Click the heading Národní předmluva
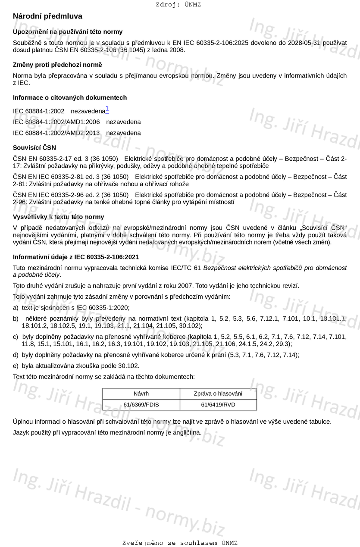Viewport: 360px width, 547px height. point(47,16)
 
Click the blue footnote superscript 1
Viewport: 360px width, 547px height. point(107,109)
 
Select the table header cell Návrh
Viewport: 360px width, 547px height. point(141,394)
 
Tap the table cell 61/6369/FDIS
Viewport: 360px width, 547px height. point(141,405)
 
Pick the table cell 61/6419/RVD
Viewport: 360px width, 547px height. point(218,405)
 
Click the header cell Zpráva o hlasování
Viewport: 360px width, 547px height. point(218,394)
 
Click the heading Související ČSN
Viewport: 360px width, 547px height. point(34,147)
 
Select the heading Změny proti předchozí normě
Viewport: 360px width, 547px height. point(57,65)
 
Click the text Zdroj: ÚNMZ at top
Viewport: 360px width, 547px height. point(178,5)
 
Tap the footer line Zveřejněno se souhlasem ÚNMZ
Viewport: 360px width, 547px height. point(180,543)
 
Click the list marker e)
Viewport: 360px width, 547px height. point(16,366)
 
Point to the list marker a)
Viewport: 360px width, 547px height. point(16,308)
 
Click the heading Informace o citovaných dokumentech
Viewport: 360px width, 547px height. point(70,97)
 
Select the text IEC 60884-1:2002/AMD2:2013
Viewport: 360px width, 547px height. point(56,133)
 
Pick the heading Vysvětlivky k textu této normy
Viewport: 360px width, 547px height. point(58,217)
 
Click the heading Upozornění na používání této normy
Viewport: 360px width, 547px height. point(68,32)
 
